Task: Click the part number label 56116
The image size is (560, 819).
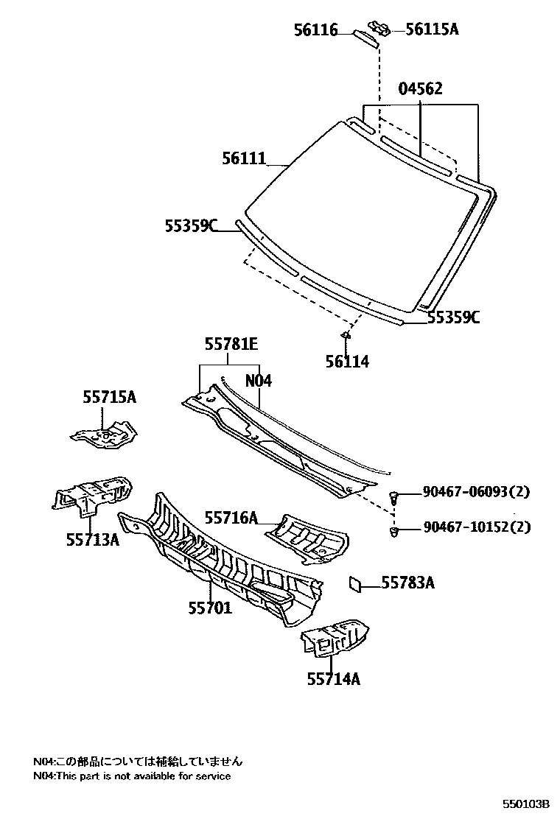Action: tap(315, 30)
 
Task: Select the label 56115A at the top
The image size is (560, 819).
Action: tap(432, 29)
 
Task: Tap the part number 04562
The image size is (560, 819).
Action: tap(421, 89)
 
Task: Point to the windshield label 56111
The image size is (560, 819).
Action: tap(243, 157)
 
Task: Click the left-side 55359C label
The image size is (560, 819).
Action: tap(190, 226)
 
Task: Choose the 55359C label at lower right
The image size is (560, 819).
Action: tap(454, 317)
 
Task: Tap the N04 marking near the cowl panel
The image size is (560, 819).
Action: tap(259, 381)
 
